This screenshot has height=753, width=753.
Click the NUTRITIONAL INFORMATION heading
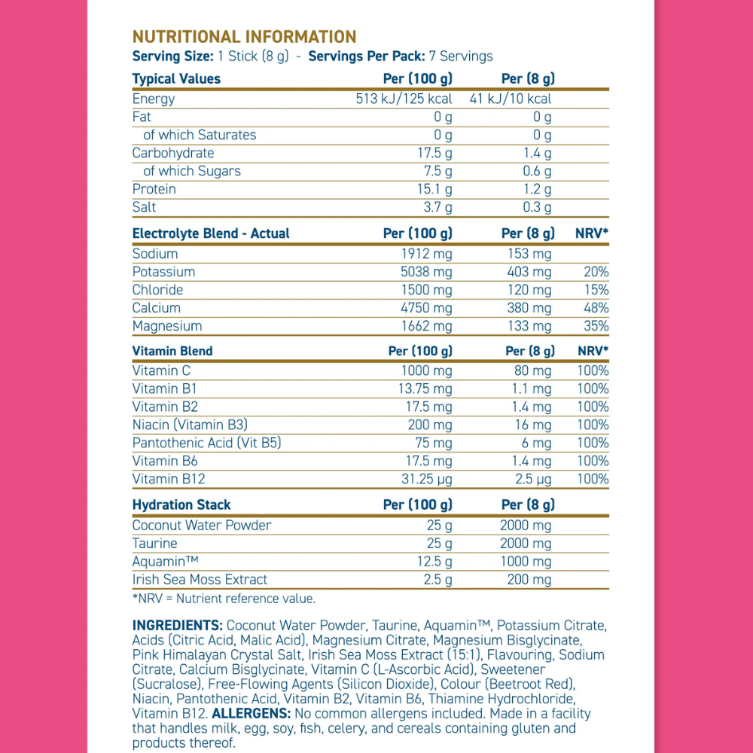pos(244,37)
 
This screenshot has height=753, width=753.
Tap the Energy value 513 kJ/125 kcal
pos(404,99)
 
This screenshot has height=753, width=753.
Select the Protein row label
pos(154,189)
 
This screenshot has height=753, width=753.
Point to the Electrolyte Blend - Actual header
pos(211,233)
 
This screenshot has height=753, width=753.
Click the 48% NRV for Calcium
pos(596,308)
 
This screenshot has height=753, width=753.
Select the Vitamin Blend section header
pos(172,351)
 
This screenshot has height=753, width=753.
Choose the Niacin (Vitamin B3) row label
pos(190,425)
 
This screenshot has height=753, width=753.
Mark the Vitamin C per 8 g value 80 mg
pos(532,370)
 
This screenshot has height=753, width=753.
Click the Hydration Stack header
pos(181,505)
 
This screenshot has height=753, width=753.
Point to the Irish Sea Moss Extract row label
pos(200,579)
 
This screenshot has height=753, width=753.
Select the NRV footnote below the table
pos(224,599)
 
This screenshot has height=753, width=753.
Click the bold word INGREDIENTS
pos(177,625)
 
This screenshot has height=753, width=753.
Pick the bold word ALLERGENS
pos(252,713)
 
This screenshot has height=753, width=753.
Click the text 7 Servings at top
pos(461,56)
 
